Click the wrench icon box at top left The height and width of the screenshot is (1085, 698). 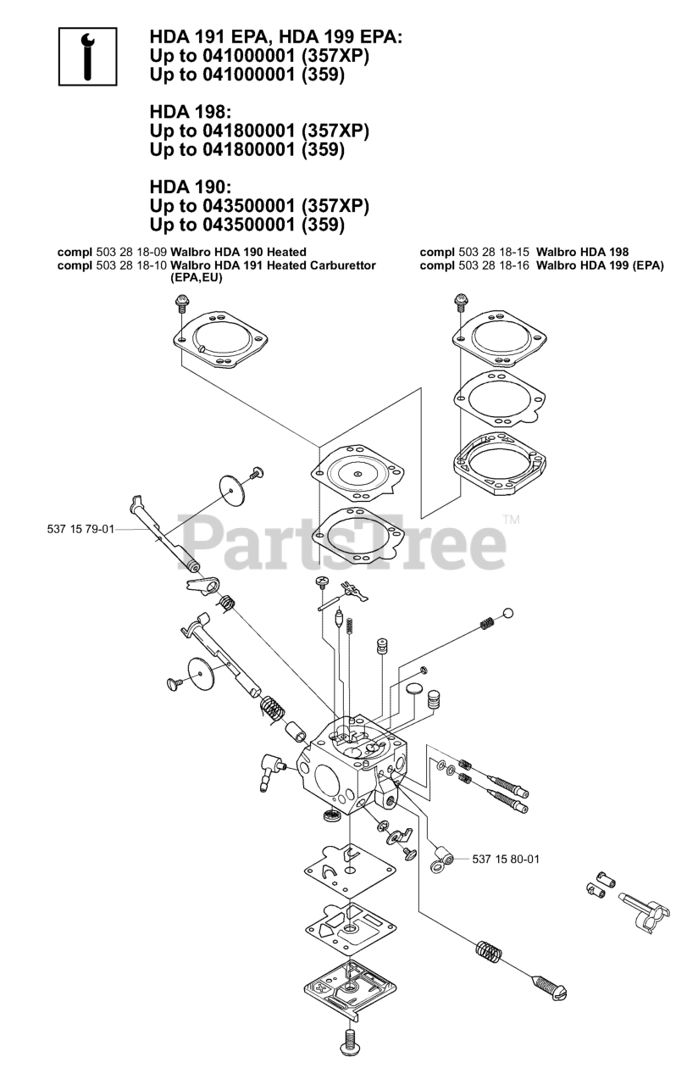(x=87, y=57)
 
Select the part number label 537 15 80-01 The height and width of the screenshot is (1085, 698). (x=505, y=859)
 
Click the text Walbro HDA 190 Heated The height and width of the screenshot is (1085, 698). (x=238, y=252)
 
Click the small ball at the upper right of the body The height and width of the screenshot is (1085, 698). (x=507, y=614)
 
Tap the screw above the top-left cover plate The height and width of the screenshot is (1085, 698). (x=180, y=303)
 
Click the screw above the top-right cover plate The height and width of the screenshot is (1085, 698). (x=461, y=302)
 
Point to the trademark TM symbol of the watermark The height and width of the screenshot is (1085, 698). (x=511, y=519)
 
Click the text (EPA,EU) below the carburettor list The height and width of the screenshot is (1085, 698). (x=196, y=278)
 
